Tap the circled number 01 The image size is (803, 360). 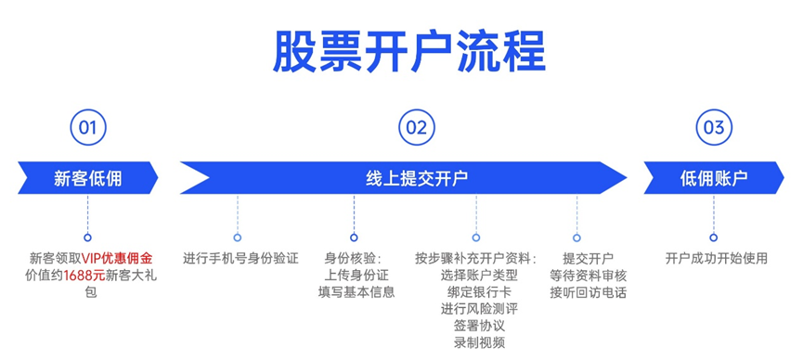tap(87, 128)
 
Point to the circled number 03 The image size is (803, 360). tap(713, 128)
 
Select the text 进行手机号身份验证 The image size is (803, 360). tap(240, 258)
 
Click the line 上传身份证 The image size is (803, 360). tap(356, 275)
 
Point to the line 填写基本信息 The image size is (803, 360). tap(356, 291)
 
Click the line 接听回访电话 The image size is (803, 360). tap(588, 291)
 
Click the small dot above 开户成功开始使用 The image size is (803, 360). tap(713, 238)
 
